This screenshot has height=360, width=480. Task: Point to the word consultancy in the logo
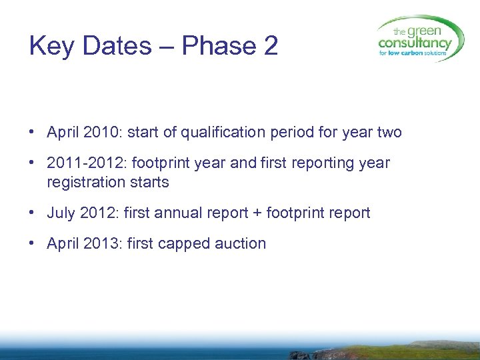415,43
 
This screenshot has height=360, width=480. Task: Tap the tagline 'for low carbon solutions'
415,53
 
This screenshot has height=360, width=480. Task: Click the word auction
241,243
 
